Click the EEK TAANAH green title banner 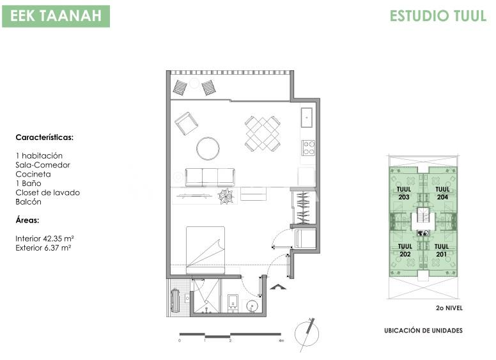(56, 16)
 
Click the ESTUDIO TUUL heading (438, 16)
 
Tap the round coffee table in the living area (208, 148)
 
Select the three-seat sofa (210, 178)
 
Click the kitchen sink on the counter (307, 118)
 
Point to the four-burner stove (308, 148)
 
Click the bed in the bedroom (205, 250)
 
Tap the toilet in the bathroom (233, 303)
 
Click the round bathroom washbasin (252, 306)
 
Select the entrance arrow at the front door (278, 287)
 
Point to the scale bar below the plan (230, 335)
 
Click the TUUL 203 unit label (404, 193)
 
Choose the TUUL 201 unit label (442, 250)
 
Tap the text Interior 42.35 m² (45, 239)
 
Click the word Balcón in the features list (29, 202)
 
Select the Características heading (44, 137)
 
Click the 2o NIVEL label (449, 308)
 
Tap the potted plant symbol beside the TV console (226, 196)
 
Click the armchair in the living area (187, 123)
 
